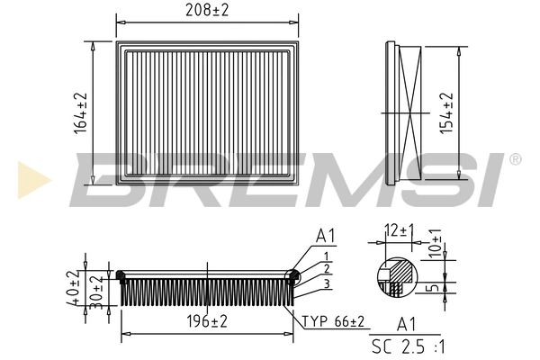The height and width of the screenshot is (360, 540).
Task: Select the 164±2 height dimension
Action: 81,113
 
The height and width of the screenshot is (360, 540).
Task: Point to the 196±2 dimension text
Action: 208,320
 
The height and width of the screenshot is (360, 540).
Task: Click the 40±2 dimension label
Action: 72,287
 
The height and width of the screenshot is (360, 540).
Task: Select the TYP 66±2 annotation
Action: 333,321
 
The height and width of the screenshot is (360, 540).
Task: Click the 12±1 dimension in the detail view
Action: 397,231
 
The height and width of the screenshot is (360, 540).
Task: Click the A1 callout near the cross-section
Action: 326,237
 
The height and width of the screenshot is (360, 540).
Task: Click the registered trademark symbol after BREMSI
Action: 514,159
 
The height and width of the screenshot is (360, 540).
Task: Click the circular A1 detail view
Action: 394,275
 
